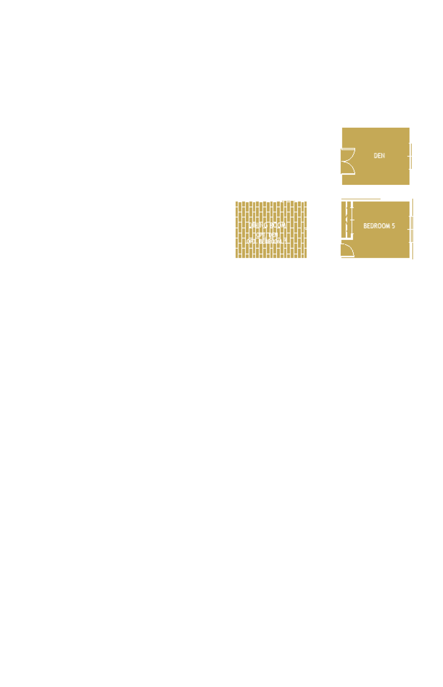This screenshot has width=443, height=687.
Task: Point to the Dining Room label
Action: pyautogui.click(x=267, y=225)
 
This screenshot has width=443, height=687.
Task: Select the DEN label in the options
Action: pyautogui.click(x=379, y=156)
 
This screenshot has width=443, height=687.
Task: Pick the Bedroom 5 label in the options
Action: pyautogui.click(x=379, y=226)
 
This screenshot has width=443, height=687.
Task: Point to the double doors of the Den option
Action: pyautogui.click(x=348, y=161)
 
